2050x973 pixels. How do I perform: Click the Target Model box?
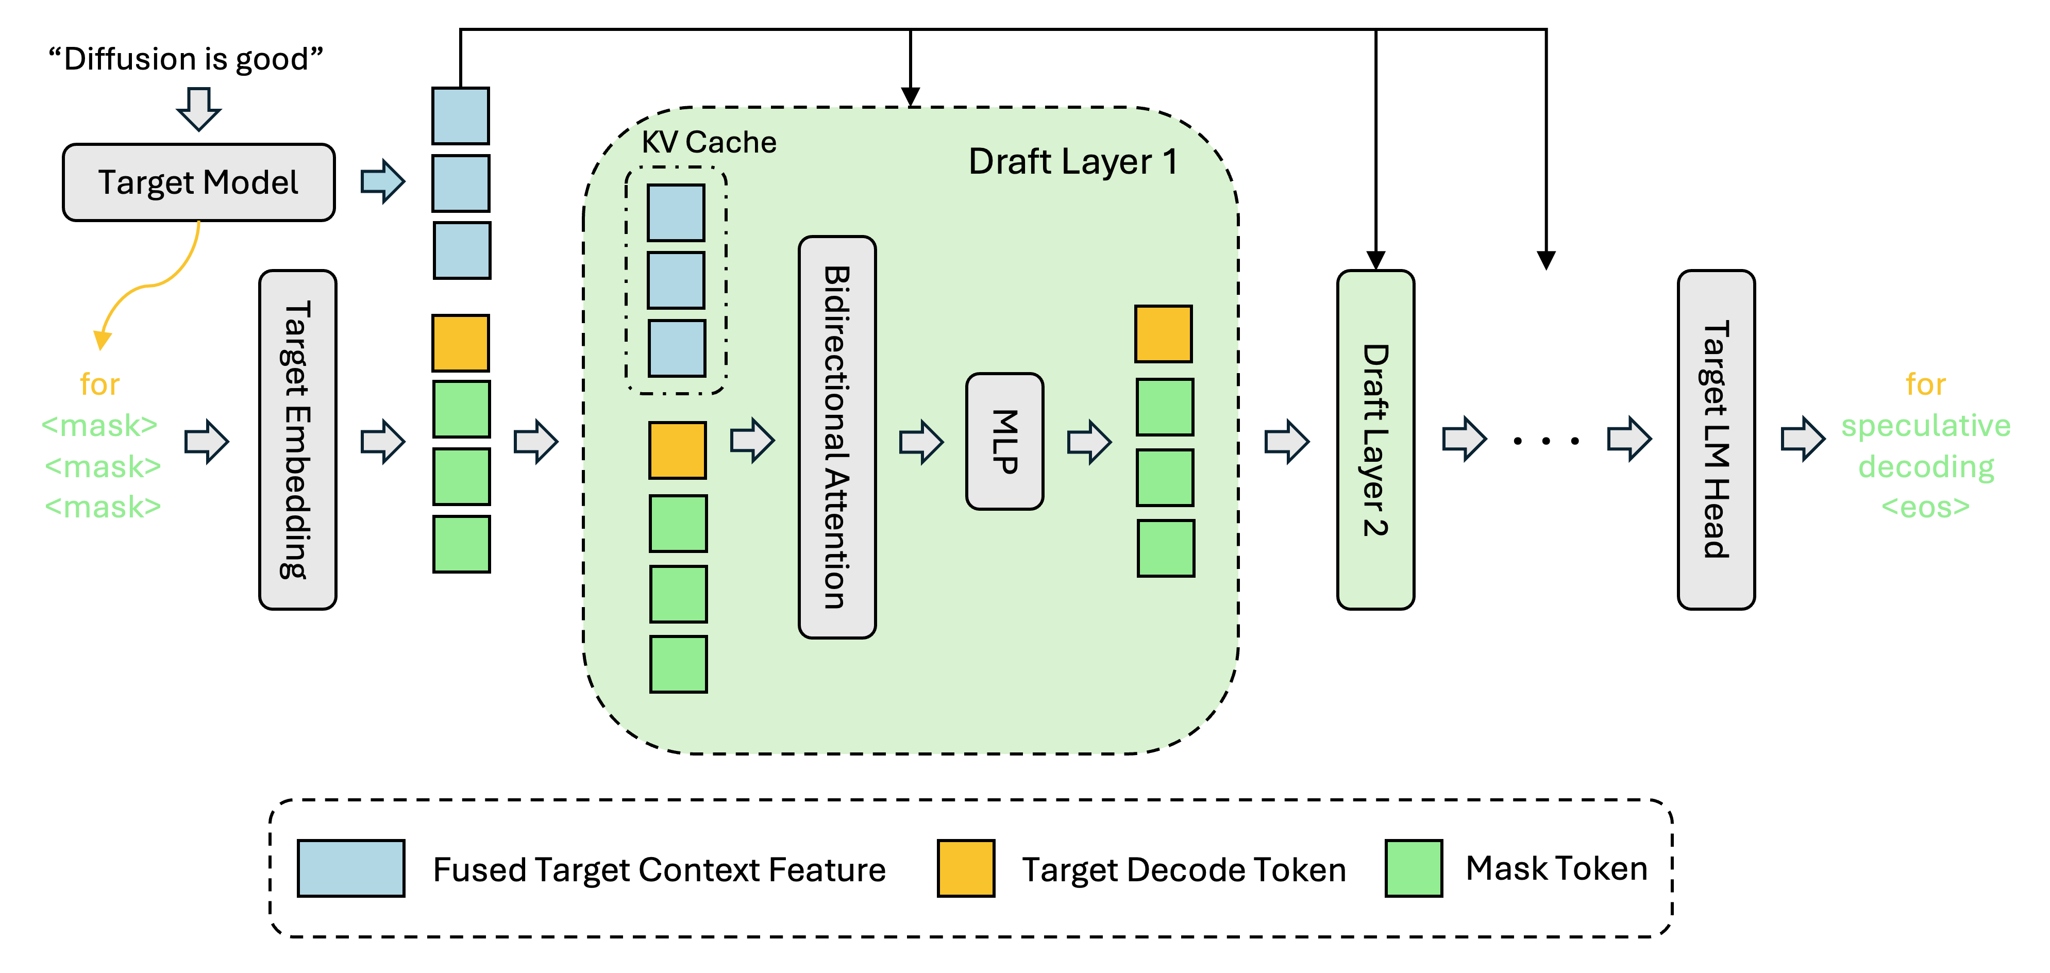[x=198, y=182]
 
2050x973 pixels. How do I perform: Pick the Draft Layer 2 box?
[x=1375, y=440]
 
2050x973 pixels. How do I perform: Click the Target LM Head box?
[x=1716, y=440]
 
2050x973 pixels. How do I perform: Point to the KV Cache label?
[x=708, y=142]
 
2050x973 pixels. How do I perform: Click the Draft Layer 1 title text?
[x=1072, y=162]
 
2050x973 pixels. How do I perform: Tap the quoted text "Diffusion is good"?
[x=186, y=59]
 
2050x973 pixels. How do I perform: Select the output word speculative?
[x=1925, y=426]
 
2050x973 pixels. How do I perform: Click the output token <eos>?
[x=1925, y=507]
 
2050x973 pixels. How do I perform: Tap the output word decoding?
[x=1925, y=466]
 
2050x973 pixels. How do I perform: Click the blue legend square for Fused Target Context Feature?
[x=351, y=868]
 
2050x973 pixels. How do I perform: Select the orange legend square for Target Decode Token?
[x=965, y=868]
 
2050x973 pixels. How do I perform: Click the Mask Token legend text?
[x=1556, y=868]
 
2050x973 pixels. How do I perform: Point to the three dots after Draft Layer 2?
[x=1545, y=440]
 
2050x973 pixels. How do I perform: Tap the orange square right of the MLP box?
[x=1163, y=334]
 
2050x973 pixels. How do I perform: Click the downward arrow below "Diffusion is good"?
[x=198, y=108]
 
